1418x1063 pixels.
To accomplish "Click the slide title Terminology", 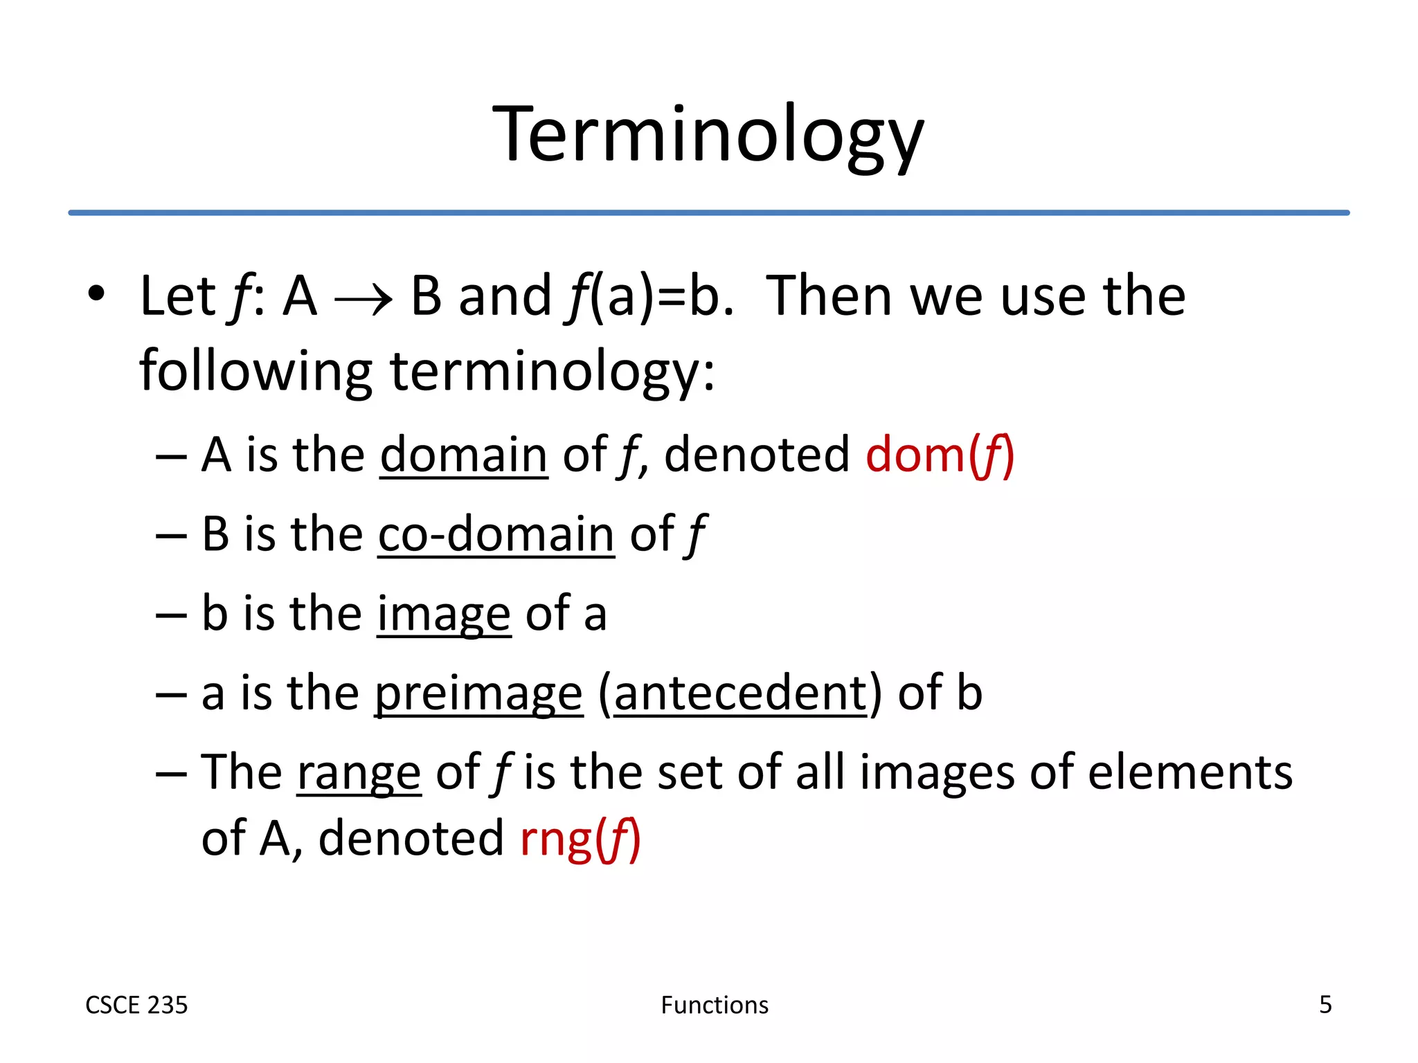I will click(708, 135).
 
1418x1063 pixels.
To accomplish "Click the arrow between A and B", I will click(364, 300).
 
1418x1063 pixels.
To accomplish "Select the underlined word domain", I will click(464, 455).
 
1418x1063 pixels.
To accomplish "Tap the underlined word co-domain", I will click(496, 534).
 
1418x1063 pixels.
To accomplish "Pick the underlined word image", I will click(444, 614).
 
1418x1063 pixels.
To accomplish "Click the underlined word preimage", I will click(478, 693).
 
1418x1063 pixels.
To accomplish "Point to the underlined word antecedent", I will click(740, 693).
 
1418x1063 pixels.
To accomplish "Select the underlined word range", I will click(359, 773).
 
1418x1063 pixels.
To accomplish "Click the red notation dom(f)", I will click(940, 455).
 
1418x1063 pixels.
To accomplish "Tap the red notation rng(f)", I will click(580, 839).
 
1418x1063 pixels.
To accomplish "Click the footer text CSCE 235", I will click(136, 1005).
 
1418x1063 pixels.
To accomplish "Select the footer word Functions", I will click(715, 1005).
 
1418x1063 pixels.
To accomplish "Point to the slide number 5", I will click(1325, 1004).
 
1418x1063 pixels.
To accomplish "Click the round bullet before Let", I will click(96, 293).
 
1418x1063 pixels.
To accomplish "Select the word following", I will click(255, 372).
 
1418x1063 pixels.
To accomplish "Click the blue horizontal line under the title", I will click(708, 212).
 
